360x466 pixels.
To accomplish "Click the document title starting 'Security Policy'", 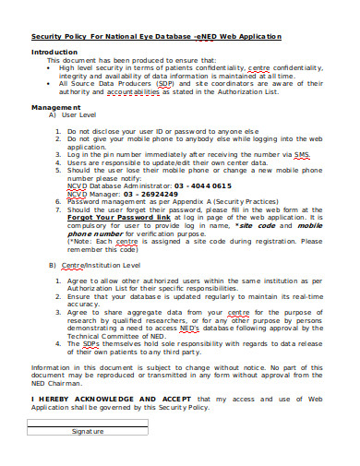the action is click(156, 36).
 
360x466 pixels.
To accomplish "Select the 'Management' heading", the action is click(56, 107).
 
